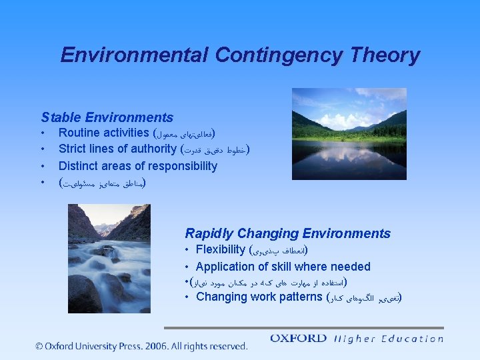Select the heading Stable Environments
pyautogui.click(x=107, y=117)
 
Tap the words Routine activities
pyautogui.click(x=103, y=133)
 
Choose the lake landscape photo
pyautogui.click(x=349, y=134)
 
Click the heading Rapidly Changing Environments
pyautogui.click(x=287, y=233)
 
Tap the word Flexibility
pyautogui.click(x=221, y=249)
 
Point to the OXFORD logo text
pyautogui.click(x=299, y=339)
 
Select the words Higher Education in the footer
pyautogui.click(x=389, y=339)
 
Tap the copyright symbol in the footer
pyautogui.click(x=40, y=346)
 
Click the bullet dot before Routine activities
pyautogui.click(x=43, y=133)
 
